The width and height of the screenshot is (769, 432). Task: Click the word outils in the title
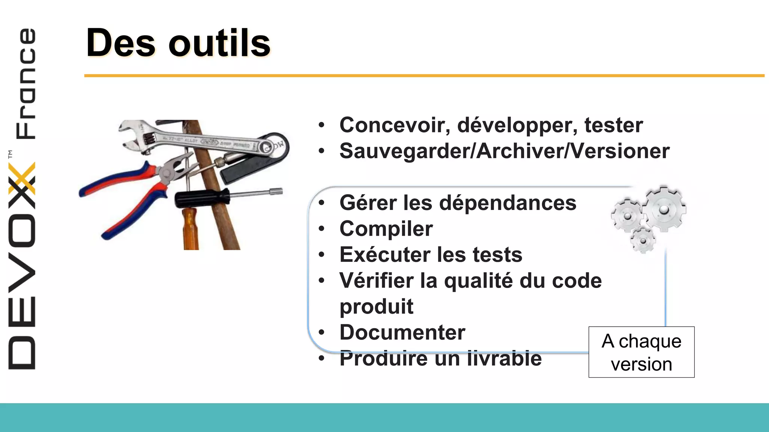coord(220,43)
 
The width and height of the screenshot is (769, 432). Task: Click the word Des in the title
coord(121,43)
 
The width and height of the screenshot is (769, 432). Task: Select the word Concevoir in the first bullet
coord(395,125)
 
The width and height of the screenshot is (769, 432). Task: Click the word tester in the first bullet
coord(614,125)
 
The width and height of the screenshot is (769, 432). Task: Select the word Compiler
coord(386,229)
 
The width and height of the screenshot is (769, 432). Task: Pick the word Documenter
coord(402,332)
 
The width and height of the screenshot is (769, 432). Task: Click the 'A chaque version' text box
coord(641,352)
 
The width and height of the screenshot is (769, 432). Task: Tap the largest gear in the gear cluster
coord(664,209)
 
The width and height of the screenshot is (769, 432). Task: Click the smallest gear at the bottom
coord(643,240)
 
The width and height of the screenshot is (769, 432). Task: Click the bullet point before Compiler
coord(321,229)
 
